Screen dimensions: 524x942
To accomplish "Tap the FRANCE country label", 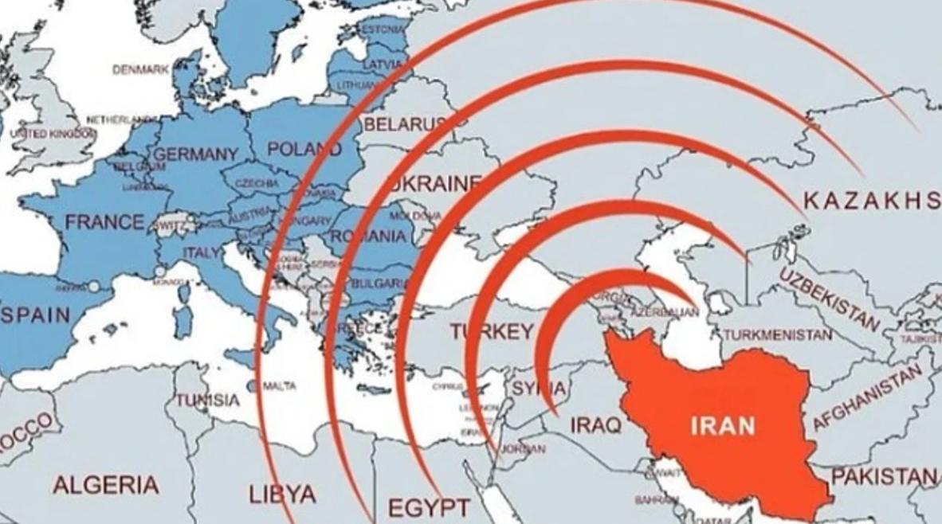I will pyautogui.click(x=105, y=222).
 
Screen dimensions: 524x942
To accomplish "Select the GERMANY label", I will pyautogui.click(x=195, y=154).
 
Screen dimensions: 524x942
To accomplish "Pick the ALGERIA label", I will pyautogui.click(x=106, y=484).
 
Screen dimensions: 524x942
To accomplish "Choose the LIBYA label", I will pyautogui.click(x=282, y=494).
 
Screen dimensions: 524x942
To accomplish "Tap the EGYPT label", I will pyautogui.click(x=429, y=507).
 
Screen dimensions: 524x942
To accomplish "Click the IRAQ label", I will pyautogui.click(x=595, y=425).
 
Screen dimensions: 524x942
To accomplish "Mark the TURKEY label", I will pyautogui.click(x=491, y=331).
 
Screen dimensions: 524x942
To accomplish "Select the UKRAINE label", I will pyautogui.click(x=435, y=184).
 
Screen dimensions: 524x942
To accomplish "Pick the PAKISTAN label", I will pyautogui.click(x=883, y=477).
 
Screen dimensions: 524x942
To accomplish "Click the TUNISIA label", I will pyautogui.click(x=208, y=399).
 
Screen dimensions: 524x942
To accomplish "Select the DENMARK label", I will pyautogui.click(x=141, y=70).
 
